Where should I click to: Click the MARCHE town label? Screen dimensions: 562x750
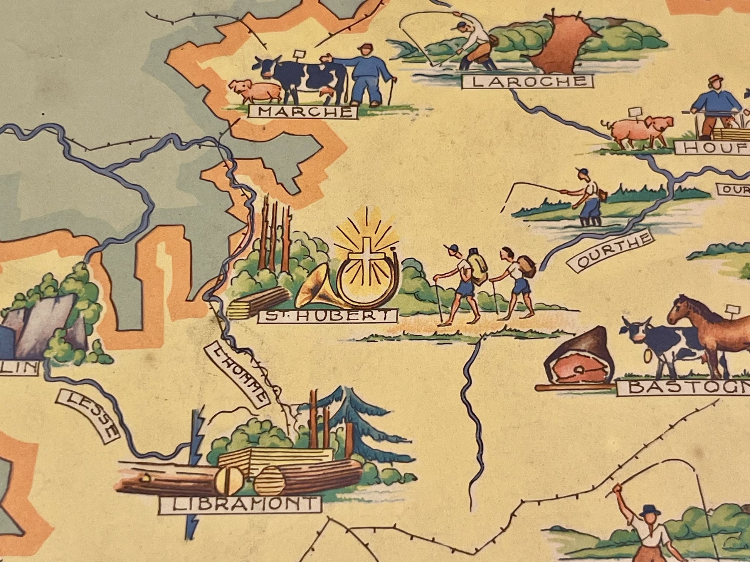(303, 112)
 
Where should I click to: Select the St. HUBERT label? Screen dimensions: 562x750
(328, 316)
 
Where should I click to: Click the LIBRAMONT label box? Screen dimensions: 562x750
(240, 504)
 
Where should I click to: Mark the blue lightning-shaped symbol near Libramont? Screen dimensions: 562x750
(195, 462)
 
